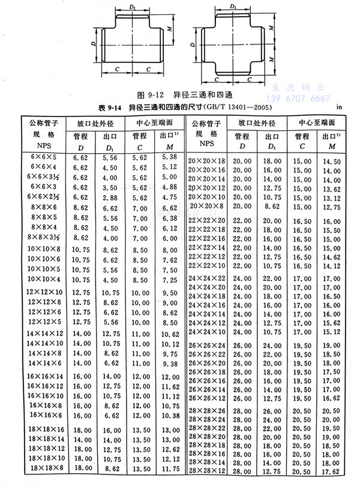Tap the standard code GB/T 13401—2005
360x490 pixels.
230,107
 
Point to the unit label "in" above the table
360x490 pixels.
340,107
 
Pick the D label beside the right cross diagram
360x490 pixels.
191,45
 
